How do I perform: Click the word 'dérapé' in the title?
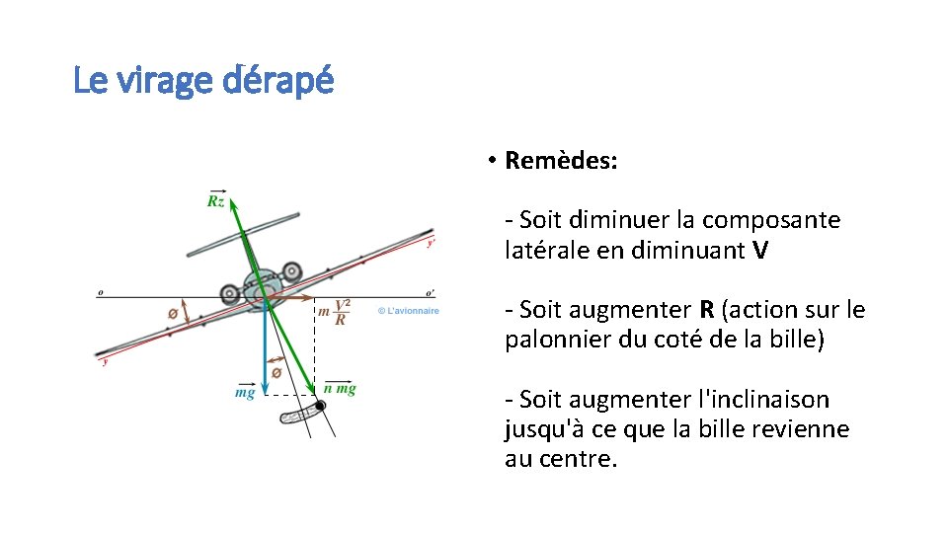[278, 80]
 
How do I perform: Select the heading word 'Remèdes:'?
[561, 161]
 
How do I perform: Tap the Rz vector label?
[215, 200]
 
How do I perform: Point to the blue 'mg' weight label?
[244, 392]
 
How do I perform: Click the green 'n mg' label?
[340, 389]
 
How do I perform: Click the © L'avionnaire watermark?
[408, 312]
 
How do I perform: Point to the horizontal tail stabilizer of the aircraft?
[243, 233]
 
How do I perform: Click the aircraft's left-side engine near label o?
[230, 292]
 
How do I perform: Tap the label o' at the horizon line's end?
[429, 292]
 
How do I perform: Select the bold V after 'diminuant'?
[758, 251]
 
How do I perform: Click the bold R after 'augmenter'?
[707, 310]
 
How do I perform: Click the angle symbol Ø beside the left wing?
[174, 314]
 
